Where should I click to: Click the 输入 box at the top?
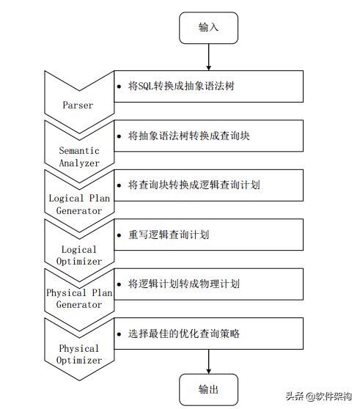pyautogui.click(x=208, y=28)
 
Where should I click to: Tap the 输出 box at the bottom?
pyautogui.click(x=208, y=389)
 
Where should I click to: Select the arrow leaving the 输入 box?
pyautogui.click(x=208, y=57)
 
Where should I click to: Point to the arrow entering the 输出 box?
pyautogui.click(x=208, y=361)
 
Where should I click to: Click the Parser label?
pyautogui.click(x=78, y=105)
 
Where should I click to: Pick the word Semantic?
pyautogui.click(x=79, y=150)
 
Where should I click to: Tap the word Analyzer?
pyautogui.click(x=79, y=163)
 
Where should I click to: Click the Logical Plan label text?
pyautogui.click(x=79, y=198)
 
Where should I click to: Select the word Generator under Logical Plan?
pyautogui.click(x=79, y=210)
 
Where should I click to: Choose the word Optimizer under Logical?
pyautogui.click(x=79, y=261)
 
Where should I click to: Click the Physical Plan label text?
pyautogui.click(x=79, y=292)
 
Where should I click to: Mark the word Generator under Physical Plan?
pyautogui.click(x=79, y=304)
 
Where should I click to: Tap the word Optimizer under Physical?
pyautogui.click(x=79, y=360)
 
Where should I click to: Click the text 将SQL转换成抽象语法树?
pyautogui.click(x=181, y=86)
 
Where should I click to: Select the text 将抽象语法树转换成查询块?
pyautogui.click(x=188, y=136)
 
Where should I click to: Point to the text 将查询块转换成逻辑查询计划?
pyautogui.click(x=194, y=185)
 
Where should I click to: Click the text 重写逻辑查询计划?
pyautogui.click(x=169, y=235)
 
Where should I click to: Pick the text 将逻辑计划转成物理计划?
pyautogui.click(x=183, y=284)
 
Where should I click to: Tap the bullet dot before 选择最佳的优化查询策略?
pyautogui.click(x=120, y=334)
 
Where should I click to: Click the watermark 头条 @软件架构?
pyautogui.click(x=318, y=396)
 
